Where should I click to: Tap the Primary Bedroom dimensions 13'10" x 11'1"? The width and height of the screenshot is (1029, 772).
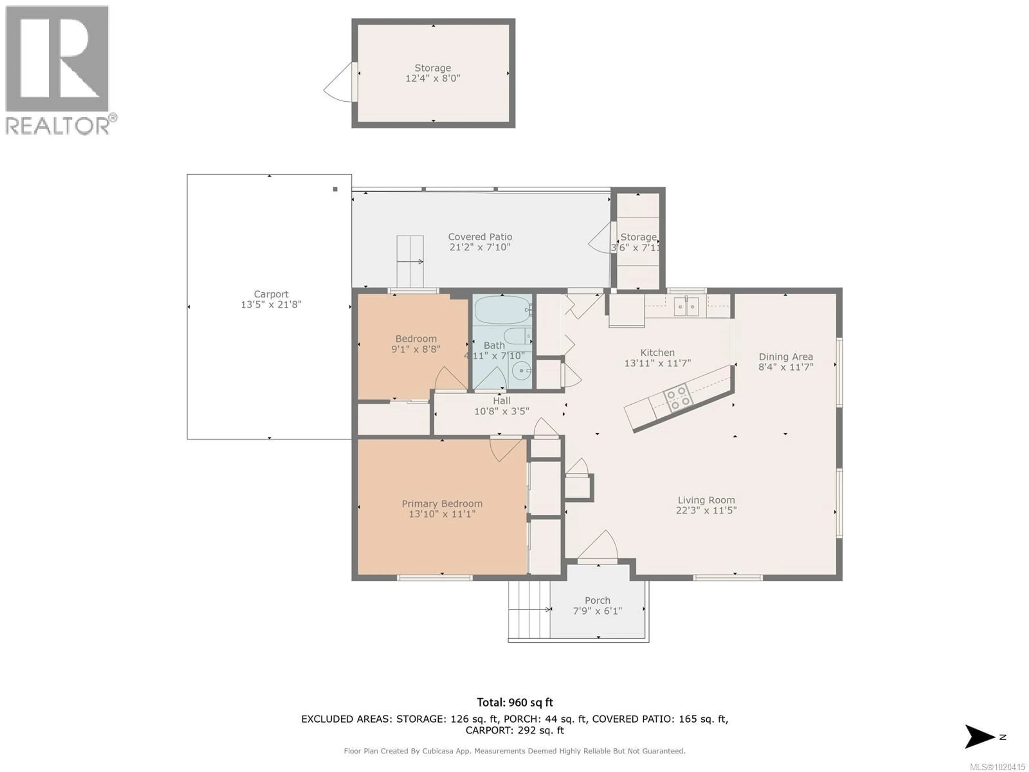tap(442, 514)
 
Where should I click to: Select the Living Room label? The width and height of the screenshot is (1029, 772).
tap(706, 500)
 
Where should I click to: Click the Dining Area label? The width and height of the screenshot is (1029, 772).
tap(786, 357)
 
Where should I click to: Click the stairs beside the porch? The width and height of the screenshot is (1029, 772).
tap(530, 610)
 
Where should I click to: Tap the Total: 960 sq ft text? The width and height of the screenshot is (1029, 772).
tap(515, 702)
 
